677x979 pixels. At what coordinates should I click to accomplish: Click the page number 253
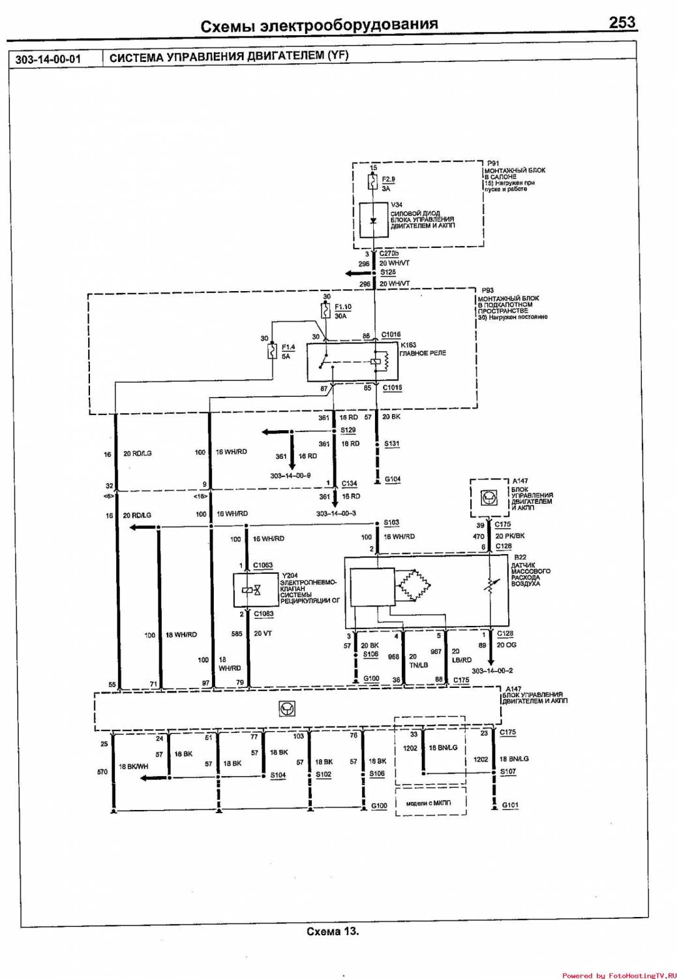[x=622, y=22]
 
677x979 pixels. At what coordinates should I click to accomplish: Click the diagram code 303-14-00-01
[x=48, y=59]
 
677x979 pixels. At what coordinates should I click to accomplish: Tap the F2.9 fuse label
[x=388, y=179]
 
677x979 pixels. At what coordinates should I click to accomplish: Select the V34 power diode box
[x=374, y=220]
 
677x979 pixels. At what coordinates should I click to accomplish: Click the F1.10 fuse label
[x=343, y=307]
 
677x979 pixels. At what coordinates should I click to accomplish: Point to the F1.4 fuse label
[x=288, y=347]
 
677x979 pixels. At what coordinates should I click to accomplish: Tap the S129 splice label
[x=348, y=431]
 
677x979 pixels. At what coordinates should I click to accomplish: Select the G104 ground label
[x=393, y=479]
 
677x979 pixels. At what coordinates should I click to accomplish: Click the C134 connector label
[x=350, y=484]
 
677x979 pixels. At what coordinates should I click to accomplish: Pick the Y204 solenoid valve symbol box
[x=251, y=590]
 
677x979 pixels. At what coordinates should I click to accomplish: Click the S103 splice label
[x=391, y=523]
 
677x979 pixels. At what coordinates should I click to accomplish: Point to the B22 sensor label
[x=520, y=557]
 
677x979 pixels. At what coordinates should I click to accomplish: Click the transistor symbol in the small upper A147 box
[x=489, y=498]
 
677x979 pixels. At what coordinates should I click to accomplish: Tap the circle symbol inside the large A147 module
[x=285, y=709]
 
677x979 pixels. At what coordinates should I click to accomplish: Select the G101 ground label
[x=510, y=805]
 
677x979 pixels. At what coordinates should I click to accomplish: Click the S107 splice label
[x=508, y=771]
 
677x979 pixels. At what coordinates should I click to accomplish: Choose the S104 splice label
[x=278, y=775]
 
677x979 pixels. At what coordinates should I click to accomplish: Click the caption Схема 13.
[x=333, y=931]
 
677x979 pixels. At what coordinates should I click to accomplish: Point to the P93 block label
[x=487, y=290]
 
